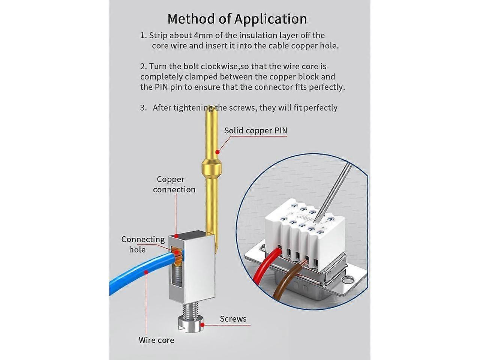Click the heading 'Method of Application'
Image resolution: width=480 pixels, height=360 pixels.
237,18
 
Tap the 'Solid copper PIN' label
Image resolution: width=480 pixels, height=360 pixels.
256,130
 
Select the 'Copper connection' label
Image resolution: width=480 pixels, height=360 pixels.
174,184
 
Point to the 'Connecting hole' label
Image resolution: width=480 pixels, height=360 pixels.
143,244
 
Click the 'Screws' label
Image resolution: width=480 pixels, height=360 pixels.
233,319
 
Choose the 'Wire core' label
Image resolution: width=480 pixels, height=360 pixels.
156,340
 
